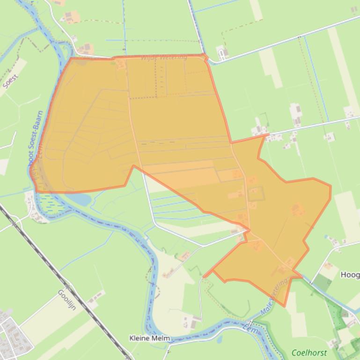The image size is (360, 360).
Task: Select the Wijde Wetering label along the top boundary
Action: point(163,58)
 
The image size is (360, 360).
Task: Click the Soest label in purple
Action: point(10,81)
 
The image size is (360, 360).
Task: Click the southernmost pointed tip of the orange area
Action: point(284,306)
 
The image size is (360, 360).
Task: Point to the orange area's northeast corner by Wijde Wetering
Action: point(205,56)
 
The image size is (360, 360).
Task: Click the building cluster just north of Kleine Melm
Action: point(192,321)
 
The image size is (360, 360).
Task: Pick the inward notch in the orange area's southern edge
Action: point(133,166)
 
